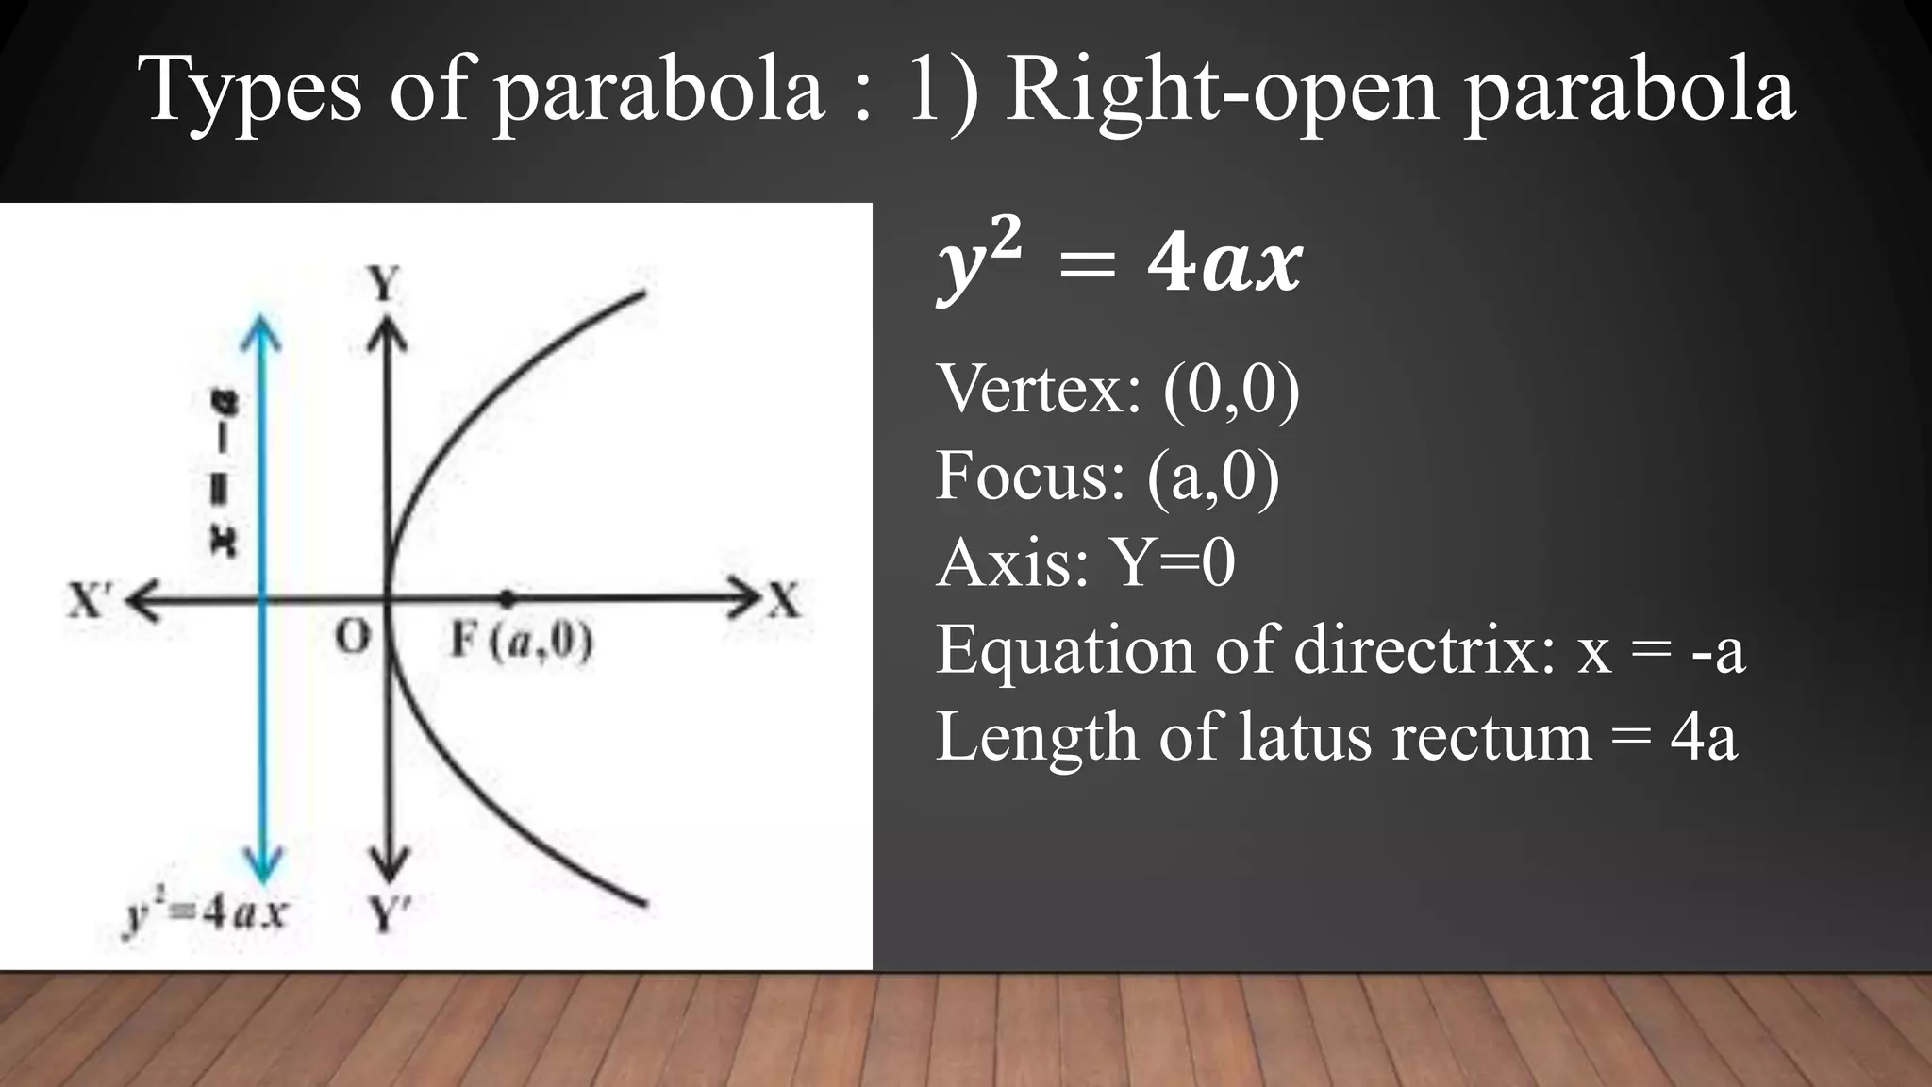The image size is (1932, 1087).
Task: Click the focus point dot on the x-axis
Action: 508,597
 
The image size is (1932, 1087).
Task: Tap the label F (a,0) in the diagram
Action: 521,642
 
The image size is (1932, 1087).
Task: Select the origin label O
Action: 353,638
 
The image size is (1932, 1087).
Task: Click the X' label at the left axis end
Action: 91,600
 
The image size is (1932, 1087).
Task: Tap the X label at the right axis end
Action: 784,600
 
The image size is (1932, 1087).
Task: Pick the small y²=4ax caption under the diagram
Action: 206,913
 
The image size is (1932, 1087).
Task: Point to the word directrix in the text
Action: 1424,650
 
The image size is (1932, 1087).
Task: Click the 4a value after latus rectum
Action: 1703,737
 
